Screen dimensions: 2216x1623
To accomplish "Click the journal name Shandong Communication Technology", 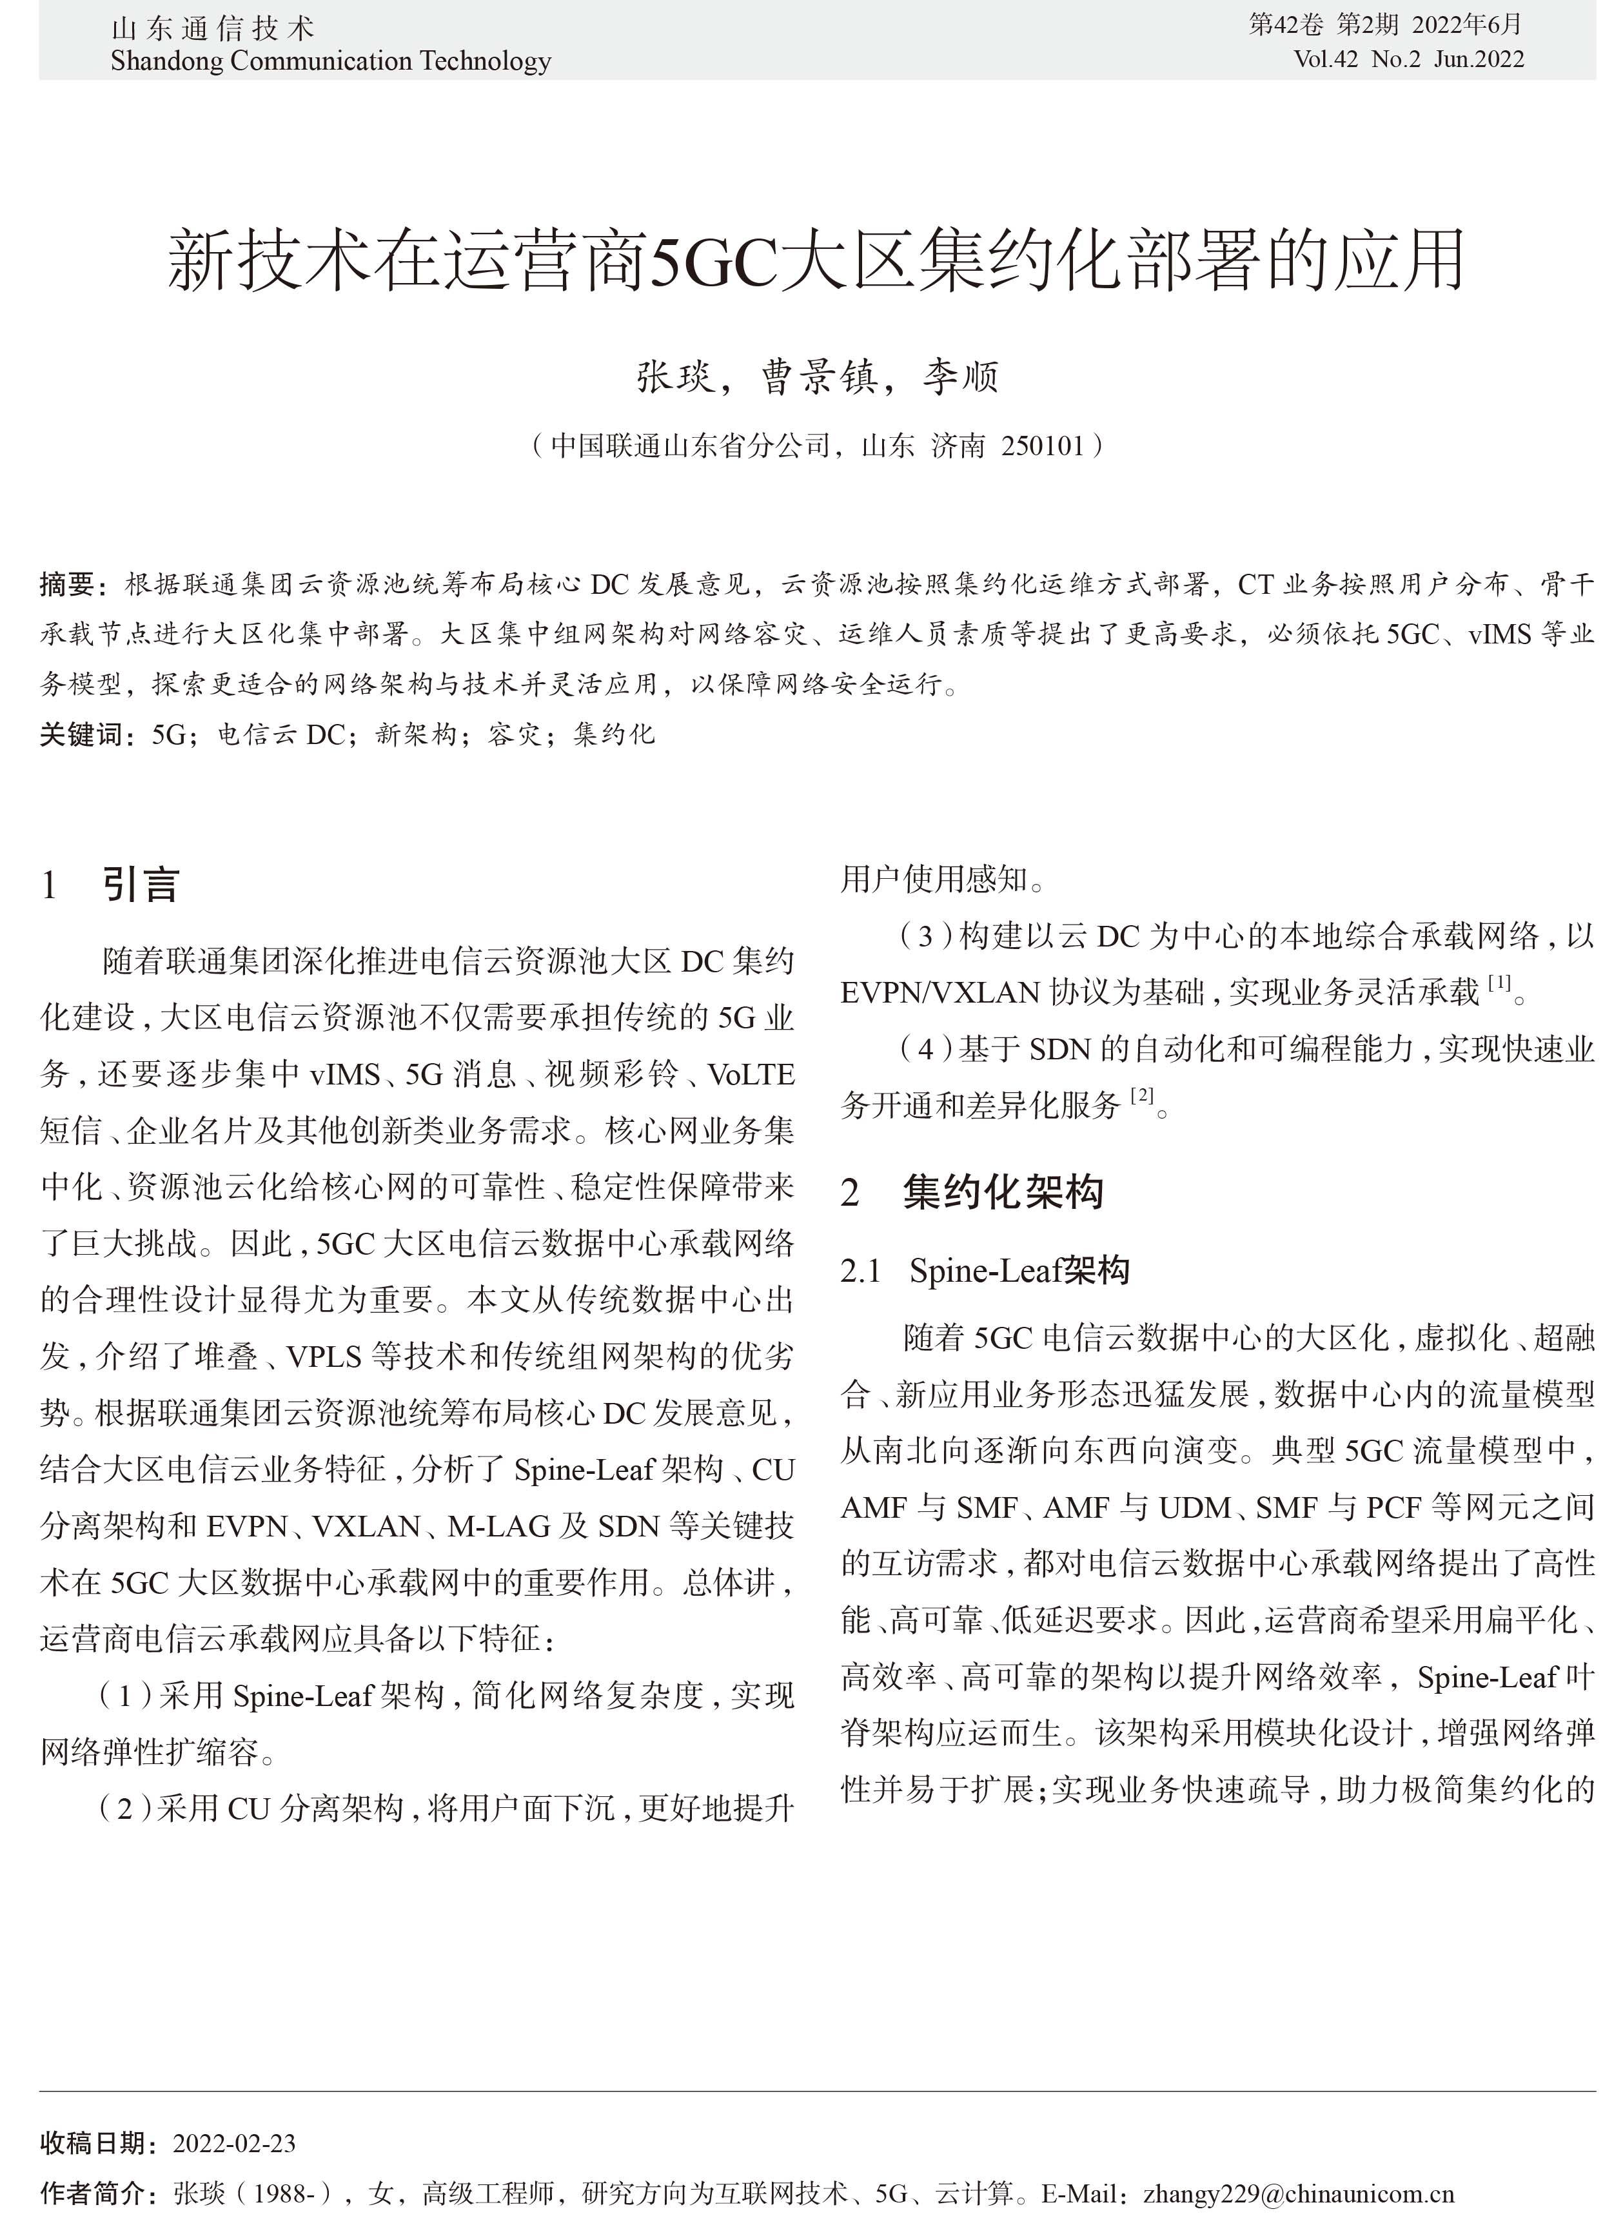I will [330, 61].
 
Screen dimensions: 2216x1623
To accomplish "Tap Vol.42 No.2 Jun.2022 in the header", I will [1409, 60].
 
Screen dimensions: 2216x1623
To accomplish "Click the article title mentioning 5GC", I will [816, 260].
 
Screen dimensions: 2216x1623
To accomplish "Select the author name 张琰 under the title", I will [676, 377].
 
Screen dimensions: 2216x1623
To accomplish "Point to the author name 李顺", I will [960, 377].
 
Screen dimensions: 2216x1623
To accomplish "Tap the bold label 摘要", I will [67, 585].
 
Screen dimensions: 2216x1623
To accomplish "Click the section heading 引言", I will [141, 885].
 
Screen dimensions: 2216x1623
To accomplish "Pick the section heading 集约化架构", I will [1003, 1193].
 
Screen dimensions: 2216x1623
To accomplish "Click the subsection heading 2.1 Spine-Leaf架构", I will [985, 1271].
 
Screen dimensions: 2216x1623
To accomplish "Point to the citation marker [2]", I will [1141, 1095].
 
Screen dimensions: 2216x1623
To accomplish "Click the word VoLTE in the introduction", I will [751, 1075].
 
